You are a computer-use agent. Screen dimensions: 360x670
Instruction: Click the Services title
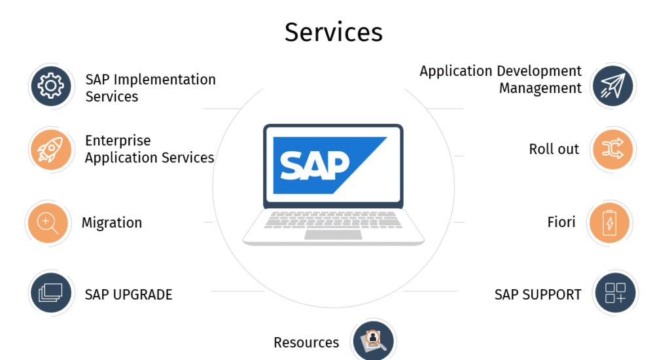333,31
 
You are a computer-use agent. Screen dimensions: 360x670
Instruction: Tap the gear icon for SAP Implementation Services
50,86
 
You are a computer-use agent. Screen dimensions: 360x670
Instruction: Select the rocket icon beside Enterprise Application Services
50,150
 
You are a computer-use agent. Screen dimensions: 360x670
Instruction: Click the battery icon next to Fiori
610,223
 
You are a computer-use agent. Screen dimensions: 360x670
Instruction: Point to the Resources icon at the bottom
373,340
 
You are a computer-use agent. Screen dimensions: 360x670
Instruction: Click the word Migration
111,223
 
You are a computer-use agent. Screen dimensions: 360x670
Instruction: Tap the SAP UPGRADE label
128,295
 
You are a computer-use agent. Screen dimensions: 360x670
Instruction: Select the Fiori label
561,223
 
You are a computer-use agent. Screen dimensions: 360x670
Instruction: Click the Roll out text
554,149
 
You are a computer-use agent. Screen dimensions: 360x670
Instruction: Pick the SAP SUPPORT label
537,295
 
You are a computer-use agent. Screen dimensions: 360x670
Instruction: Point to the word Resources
306,342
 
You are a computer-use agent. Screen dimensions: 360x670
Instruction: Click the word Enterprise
118,141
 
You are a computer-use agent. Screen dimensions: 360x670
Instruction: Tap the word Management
540,88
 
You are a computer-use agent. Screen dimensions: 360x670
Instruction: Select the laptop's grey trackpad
332,234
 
